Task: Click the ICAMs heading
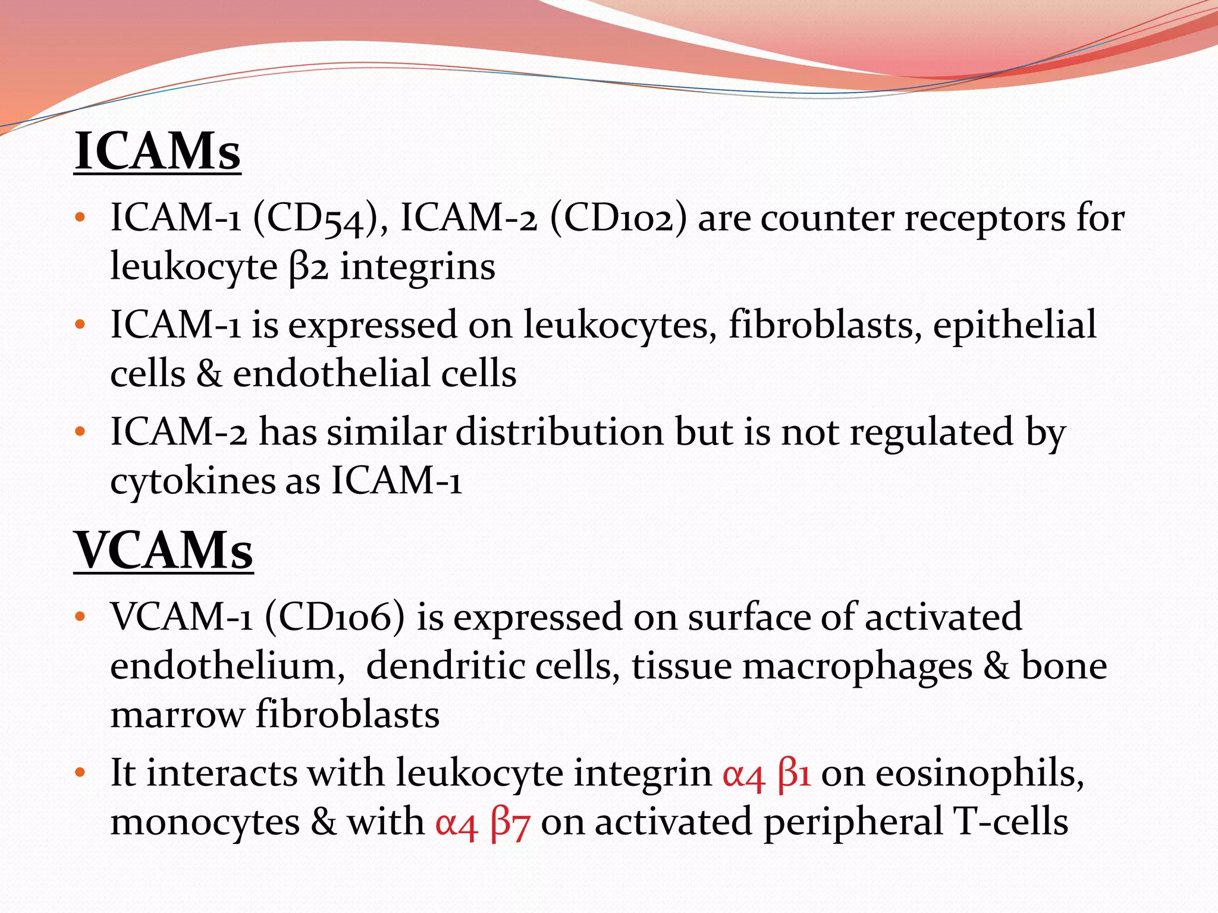[x=158, y=152]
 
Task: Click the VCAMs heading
[x=164, y=551]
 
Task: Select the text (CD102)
[x=618, y=219]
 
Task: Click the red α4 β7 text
[x=482, y=823]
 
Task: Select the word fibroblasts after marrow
[x=348, y=714]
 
